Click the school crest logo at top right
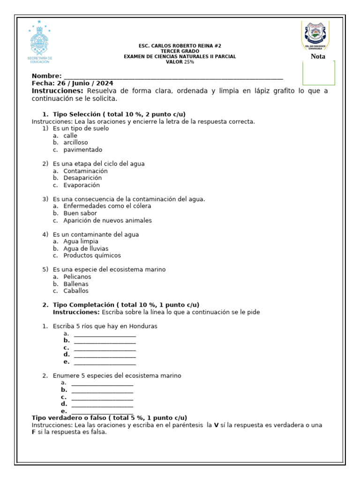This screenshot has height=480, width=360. tap(315, 35)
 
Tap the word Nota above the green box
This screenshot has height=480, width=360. tap(318, 57)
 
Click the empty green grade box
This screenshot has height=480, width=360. tap(318, 73)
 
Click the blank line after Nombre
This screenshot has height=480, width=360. tap(173, 77)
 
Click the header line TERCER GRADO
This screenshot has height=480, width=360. tap(180, 51)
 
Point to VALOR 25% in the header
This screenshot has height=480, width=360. tap(180, 62)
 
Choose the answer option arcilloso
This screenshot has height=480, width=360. tap(75, 142)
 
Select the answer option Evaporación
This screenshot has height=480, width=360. tap(82, 185)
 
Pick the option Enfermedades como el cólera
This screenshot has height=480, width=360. tap(107, 206)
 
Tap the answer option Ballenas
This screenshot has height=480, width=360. tap(76, 284)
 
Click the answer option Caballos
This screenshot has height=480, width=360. tap(76, 291)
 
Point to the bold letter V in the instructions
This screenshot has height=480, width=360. tap(216, 425)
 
